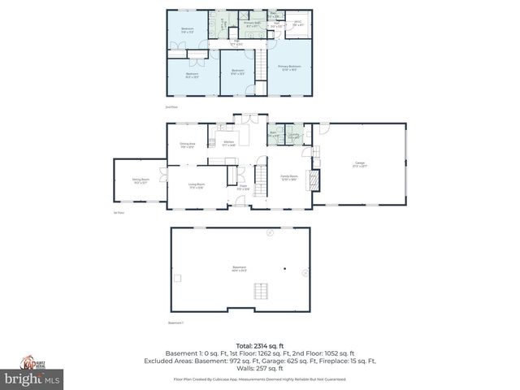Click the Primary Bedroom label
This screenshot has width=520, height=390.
(289, 67)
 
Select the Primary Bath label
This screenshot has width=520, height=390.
(253, 24)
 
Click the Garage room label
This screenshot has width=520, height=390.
(360, 164)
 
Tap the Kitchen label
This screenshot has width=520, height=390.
(228, 143)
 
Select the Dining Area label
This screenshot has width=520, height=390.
(187, 145)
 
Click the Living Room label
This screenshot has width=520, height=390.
(197, 185)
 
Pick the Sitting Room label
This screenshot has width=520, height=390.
(140, 182)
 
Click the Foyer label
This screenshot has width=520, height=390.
(242, 188)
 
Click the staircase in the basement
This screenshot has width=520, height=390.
(260, 292)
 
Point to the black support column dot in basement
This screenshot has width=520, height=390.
(284, 268)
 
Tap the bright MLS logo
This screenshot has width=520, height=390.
(32, 379)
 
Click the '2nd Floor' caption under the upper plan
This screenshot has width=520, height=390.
(171, 107)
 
